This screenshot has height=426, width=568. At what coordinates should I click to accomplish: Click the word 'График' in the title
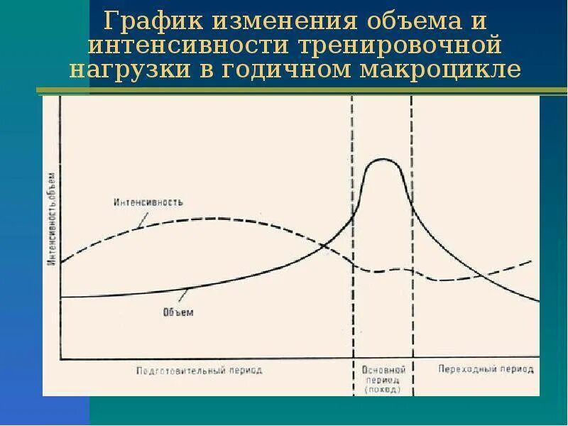coord(146,21)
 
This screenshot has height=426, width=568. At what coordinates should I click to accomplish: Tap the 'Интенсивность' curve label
coord(148,202)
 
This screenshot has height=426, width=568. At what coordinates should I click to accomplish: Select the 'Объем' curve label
coord(178,312)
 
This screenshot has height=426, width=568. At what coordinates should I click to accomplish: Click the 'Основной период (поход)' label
coord(383,379)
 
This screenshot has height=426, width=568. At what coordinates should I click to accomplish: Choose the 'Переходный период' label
coord(486,370)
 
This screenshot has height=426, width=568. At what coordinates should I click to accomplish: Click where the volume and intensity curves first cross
coord(324,246)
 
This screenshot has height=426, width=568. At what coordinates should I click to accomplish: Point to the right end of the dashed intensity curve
coord(532,261)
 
